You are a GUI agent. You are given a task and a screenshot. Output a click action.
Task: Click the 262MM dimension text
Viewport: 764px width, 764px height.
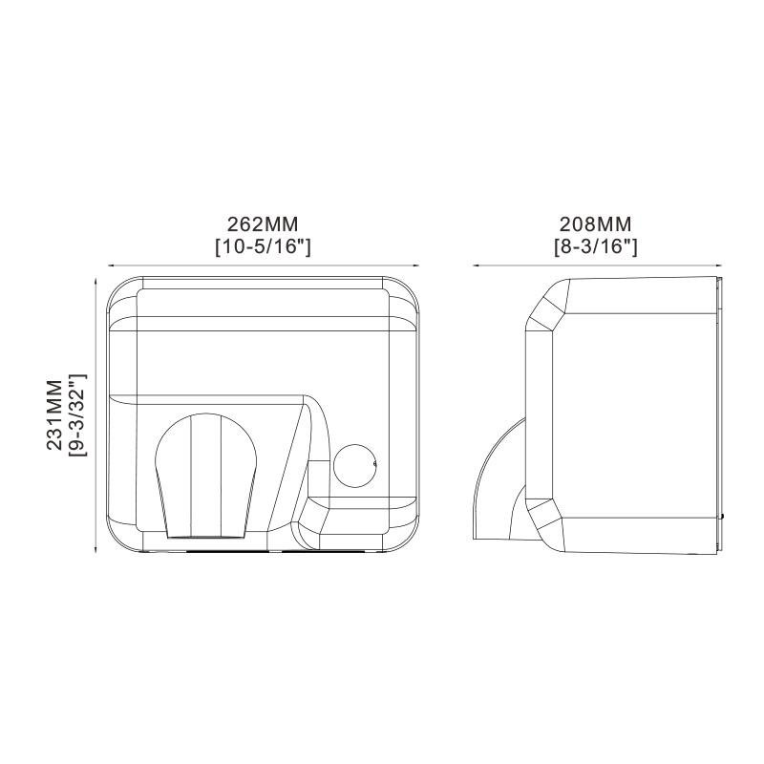263,224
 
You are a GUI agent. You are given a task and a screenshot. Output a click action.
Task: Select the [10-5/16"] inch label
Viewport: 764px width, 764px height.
263,246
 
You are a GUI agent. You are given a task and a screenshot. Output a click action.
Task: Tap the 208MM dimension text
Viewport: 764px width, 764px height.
595,224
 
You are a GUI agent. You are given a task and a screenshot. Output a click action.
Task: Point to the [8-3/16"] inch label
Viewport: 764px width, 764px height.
595,246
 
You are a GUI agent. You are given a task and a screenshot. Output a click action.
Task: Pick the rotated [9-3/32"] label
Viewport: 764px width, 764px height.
77,414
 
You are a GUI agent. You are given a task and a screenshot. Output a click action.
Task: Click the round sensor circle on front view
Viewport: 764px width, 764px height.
354,466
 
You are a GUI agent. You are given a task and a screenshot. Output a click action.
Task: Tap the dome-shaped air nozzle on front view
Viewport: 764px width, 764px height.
205,476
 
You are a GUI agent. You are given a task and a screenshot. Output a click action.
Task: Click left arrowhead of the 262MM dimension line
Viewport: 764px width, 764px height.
111,265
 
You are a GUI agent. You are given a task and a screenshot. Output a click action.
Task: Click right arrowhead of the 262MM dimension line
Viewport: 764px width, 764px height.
415,265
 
